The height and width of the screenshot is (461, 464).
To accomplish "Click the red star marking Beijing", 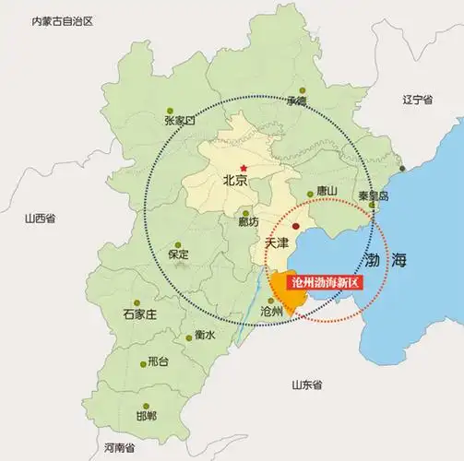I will coord(244,167).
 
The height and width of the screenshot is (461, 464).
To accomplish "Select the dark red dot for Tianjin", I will coord(295,224).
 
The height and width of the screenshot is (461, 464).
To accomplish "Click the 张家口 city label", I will coord(180,121).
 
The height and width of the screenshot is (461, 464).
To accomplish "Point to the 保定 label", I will coord(178,254).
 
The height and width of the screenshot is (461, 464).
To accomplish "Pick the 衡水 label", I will coord(205,335).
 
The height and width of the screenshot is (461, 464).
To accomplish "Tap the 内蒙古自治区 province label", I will coord(63,20).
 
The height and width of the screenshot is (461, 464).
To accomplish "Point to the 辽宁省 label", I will coord(418,98).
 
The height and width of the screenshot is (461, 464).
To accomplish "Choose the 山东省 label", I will coord(305,384).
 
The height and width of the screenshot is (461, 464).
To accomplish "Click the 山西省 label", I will coord(41,219).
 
